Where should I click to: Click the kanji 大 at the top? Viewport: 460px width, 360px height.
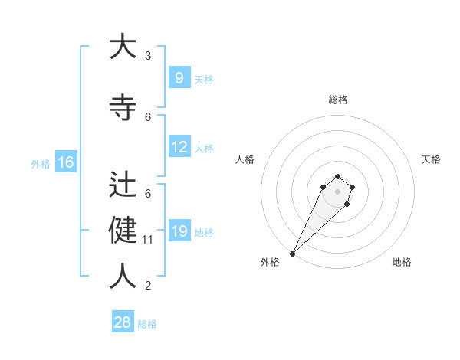coord(123,47)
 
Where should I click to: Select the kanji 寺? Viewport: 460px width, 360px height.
coord(123,109)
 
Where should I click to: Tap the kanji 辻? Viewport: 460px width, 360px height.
coord(123,185)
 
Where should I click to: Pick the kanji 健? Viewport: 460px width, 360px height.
coord(123,231)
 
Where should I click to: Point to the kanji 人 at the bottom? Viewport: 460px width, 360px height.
coord(123,276)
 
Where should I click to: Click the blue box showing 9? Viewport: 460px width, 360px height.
coord(179,78)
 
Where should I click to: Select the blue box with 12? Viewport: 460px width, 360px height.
coord(179,147)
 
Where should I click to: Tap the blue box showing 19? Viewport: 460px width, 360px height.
coord(179,231)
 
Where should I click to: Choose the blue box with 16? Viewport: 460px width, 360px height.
coord(65,162)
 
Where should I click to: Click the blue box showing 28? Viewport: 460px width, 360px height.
coord(123,322)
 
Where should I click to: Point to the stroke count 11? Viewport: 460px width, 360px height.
coord(148,240)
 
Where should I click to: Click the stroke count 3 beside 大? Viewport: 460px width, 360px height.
coord(148,56)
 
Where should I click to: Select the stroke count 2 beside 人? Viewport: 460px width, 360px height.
coord(148,286)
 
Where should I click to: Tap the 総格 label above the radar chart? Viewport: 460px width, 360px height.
coord(337,100)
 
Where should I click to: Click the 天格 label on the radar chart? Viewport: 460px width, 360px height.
coord(431,159)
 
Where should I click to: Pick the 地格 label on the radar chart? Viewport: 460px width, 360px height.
coord(402,262)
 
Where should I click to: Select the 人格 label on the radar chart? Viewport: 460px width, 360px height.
coord(245,159)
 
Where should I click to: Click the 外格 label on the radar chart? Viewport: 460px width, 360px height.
coord(270,262)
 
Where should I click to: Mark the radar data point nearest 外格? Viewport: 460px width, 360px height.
coord(292,253)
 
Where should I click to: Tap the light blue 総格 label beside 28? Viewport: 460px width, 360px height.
coord(147,324)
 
